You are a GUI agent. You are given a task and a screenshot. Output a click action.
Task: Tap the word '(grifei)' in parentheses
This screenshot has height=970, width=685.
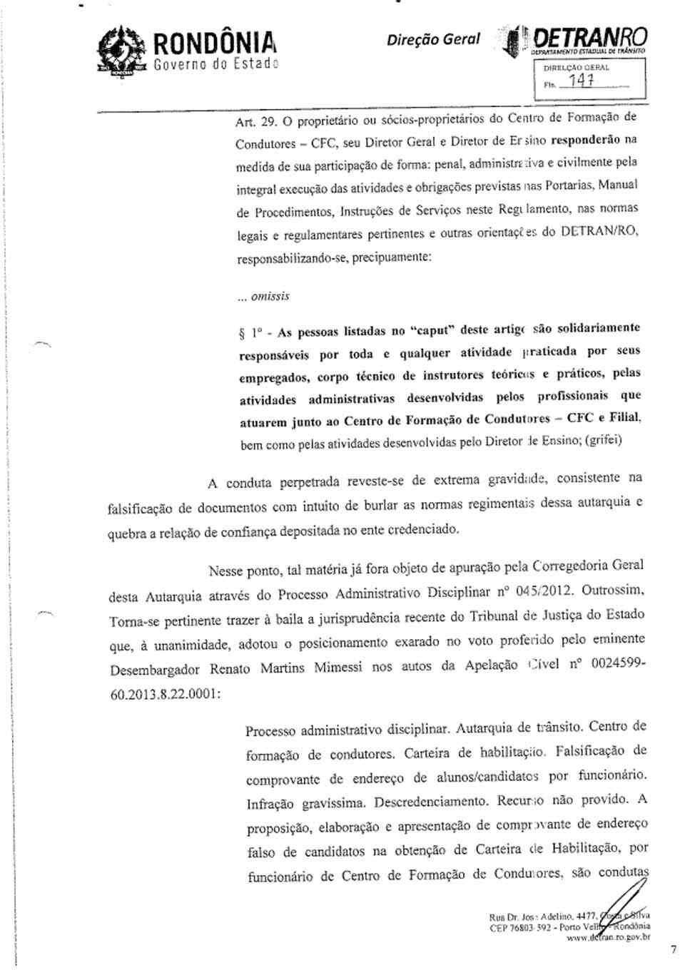coord(603,440)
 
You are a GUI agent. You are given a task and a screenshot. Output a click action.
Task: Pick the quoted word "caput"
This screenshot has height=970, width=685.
coord(432,330)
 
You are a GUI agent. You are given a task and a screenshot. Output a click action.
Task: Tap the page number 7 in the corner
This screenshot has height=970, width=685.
coord(673,949)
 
